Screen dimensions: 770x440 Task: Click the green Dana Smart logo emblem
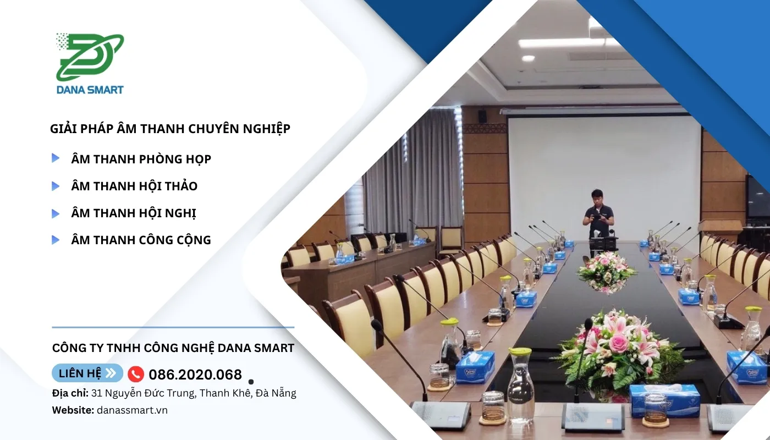tap(90, 57)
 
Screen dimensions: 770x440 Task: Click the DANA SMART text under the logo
tap(90, 90)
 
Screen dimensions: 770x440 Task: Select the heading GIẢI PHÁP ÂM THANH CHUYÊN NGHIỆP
tap(170, 129)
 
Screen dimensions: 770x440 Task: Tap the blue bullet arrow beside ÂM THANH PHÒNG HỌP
tap(56, 158)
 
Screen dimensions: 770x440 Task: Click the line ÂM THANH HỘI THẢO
tap(134, 186)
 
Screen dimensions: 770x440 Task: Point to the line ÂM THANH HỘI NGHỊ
tap(133, 213)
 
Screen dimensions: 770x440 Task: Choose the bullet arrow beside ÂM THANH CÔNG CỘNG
tap(56, 240)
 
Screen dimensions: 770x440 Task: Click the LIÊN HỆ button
tap(87, 373)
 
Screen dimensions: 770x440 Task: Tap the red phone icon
tap(136, 374)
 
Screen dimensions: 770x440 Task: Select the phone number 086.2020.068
tap(195, 375)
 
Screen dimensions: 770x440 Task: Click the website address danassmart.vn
tap(133, 410)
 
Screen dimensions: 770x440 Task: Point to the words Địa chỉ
tap(70, 393)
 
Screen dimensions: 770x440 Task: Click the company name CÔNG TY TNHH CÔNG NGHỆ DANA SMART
tap(173, 348)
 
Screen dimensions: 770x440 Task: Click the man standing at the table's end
tap(598, 217)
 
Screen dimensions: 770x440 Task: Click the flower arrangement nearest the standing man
tap(606, 272)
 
